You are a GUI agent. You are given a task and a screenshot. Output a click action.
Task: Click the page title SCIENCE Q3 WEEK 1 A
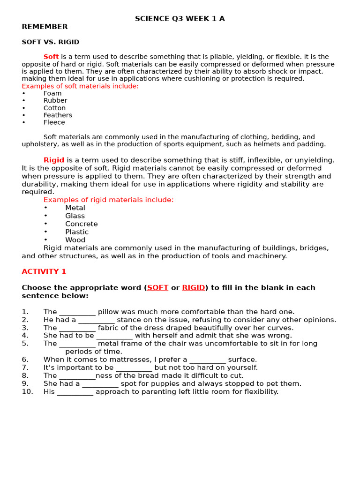pyautogui.click(x=180, y=19)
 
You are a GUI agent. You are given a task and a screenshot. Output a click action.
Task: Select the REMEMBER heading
pyautogui.click(x=45, y=27)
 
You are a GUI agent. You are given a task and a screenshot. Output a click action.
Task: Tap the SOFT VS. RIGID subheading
pyautogui.click(x=50, y=42)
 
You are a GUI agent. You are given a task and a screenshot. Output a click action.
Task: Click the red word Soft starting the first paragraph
pyautogui.click(x=51, y=57)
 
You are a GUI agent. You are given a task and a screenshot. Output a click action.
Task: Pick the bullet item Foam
pyautogui.click(x=52, y=93)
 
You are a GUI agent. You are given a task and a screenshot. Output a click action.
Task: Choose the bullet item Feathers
pyautogui.click(x=58, y=115)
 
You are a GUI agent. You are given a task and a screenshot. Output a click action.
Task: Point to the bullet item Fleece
pyautogui.click(x=54, y=122)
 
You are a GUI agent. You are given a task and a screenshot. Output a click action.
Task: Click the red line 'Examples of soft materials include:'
pyautogui.click(x=80, y=86)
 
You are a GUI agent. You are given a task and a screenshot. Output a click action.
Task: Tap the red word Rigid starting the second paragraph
pyautogui.click(x=54, y=160)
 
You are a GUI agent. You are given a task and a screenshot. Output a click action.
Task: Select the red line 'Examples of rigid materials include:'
pyautogui.click(x=108, y=200)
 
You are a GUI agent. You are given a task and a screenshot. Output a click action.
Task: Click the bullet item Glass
pyautogui.click(x=75, y=216)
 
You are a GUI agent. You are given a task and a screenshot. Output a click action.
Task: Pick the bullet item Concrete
pyautogui.click(x=82, y=224)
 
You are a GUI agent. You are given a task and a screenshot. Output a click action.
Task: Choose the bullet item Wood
pyautogui.click(x=75, y=240)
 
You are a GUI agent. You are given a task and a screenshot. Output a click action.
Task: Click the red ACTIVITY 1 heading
pyautogui.click(x=44, y=272)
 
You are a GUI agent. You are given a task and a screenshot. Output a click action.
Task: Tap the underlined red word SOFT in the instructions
pyautogui.click(x=157, y=288)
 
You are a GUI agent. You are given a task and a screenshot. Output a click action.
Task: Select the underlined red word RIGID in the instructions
pyautogui.click(x=194, y=288)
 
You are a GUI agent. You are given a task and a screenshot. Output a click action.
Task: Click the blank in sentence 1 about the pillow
pyautogui.click(x=77, y=312)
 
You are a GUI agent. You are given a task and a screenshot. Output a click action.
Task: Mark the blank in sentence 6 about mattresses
pyautogui.click(x=208, y=360)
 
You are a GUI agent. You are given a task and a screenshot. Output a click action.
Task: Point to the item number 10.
pyautogui.click(x=27, y=392)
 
